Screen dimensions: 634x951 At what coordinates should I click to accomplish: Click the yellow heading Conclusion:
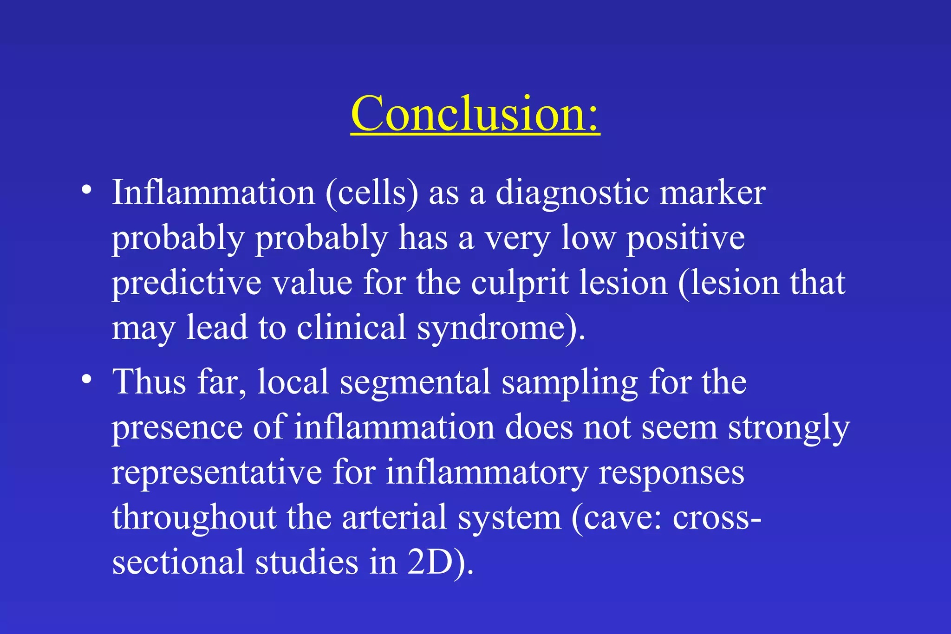[x=475, y=114]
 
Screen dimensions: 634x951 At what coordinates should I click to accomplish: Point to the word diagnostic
[x=572, y=193]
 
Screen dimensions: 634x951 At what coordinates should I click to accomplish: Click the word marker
[x=712, y=193]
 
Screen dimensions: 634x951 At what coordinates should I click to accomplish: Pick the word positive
[x=686, y=238]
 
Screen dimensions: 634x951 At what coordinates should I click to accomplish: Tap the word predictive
[x=187, y=283]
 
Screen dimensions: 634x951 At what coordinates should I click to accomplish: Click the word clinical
[x=352, y=328]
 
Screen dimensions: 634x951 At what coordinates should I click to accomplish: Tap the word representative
[x=217, y=472]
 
